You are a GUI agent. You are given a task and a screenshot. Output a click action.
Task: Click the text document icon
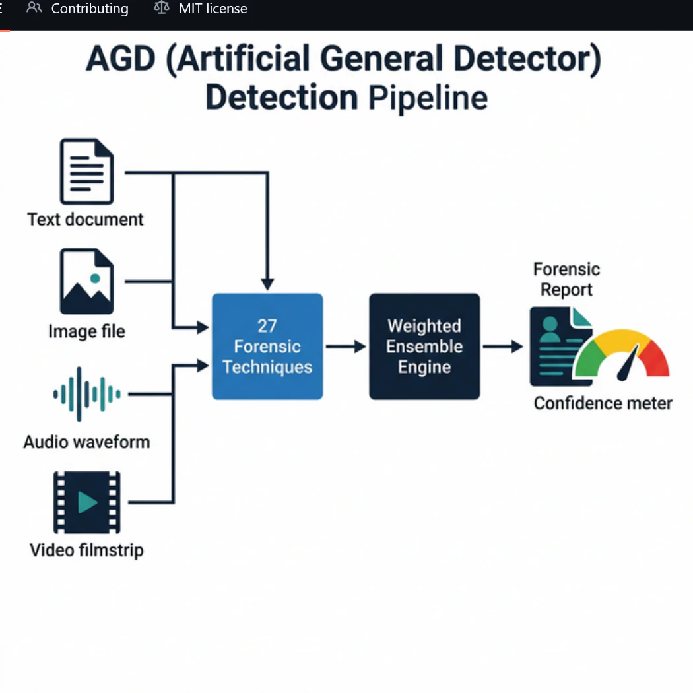pos(86,172)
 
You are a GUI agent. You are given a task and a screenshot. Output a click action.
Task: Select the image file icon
pos(86,282)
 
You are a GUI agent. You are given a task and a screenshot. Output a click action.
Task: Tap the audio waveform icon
pos(86,394)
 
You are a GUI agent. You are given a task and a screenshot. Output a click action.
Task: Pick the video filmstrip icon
pos(86,502)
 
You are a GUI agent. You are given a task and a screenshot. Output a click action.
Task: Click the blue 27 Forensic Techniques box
pos(267,346)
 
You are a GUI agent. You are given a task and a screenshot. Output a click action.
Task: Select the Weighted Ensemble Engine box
pos(424,346)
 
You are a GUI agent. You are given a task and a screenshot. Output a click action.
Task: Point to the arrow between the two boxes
pos(346,346)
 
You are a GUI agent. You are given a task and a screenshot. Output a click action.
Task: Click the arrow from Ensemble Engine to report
pos(503,346)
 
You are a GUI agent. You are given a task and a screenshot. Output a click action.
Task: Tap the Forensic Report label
pos(566,279)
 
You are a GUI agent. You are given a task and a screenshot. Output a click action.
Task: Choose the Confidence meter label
pos(603,403)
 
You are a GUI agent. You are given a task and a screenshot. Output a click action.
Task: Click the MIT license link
pos(213,9)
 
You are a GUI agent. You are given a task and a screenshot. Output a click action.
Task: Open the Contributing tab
pos(89,9)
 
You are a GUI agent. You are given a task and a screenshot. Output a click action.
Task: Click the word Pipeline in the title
pos(428,98)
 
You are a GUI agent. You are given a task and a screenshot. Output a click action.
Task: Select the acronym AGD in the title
pos(120,60)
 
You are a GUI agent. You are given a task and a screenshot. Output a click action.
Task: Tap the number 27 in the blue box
pos(267,326)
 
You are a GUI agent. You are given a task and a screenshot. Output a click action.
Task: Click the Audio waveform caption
pos(86,442)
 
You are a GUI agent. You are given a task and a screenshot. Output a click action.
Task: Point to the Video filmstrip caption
pos(86,550)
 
